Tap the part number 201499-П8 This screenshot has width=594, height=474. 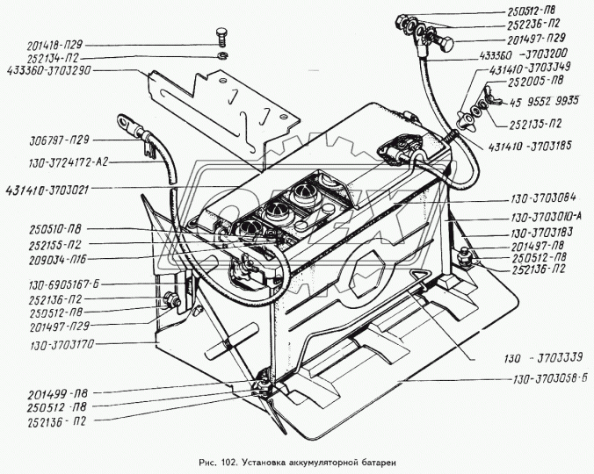click(x=47, y=395)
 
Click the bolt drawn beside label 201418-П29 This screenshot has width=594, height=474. click(x=221, y=38)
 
